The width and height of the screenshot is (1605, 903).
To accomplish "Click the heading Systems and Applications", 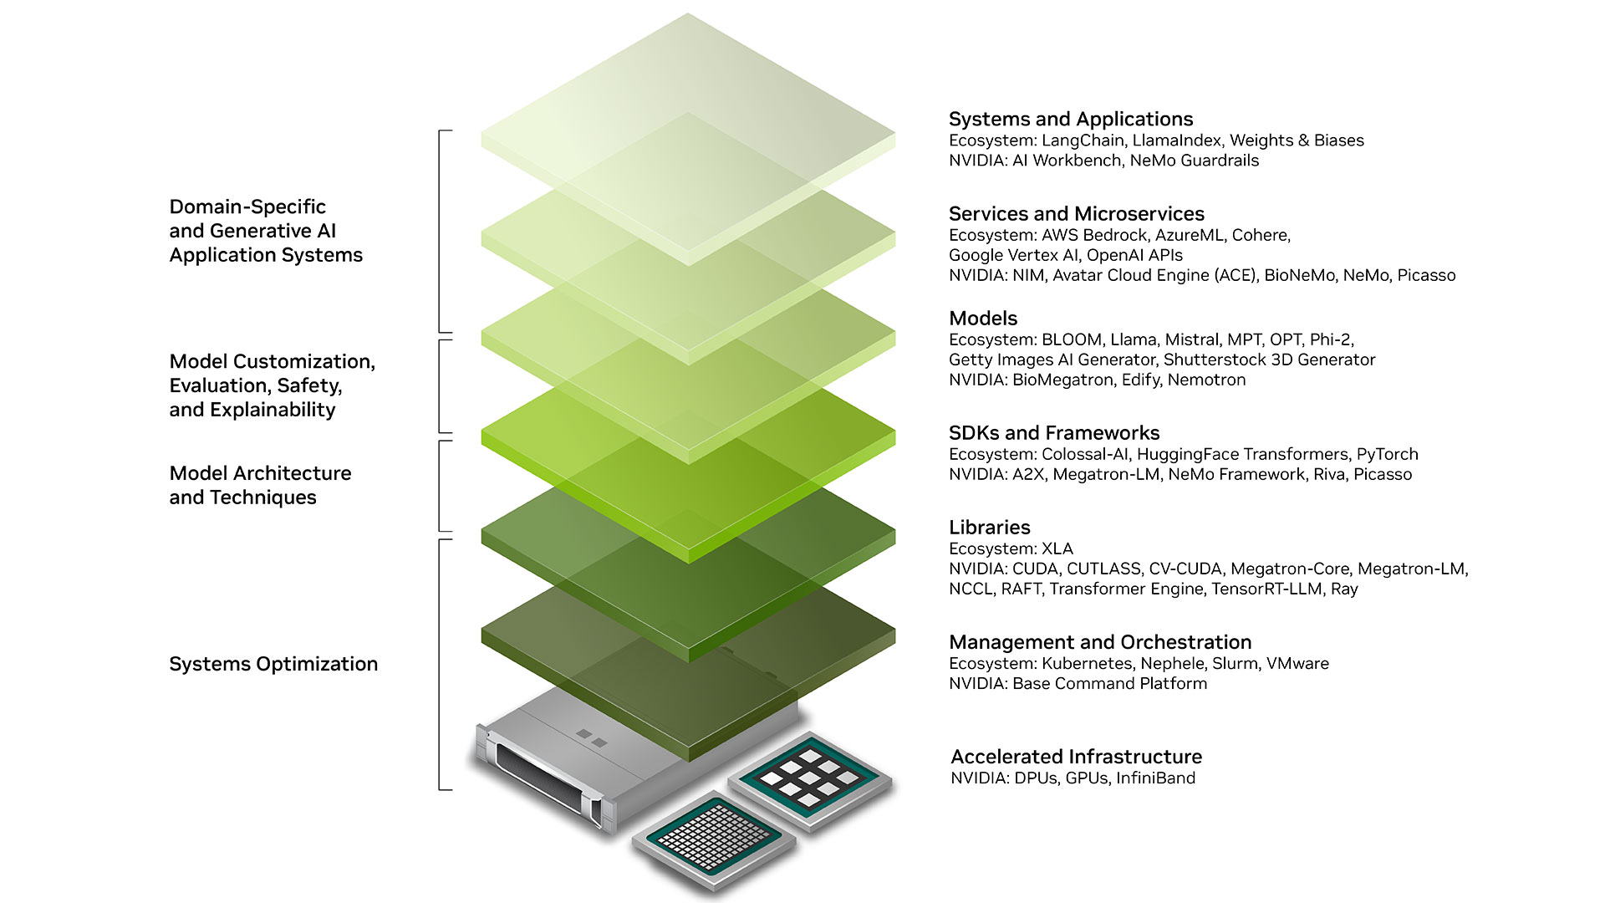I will point(1070,119).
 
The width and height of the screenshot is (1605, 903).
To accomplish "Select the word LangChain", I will point(1083,140).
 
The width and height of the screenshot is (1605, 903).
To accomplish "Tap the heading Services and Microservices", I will point(1076,214).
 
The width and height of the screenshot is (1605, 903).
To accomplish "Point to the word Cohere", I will point(1260,235).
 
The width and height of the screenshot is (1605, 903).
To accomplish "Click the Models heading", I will point(983,319).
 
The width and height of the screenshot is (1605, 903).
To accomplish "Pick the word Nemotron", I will point(1206,380).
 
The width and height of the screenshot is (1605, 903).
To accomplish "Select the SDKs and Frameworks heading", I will point(1053,433).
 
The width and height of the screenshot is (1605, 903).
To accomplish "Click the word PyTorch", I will point(1387,454).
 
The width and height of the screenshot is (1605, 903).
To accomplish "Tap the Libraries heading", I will point(989,528).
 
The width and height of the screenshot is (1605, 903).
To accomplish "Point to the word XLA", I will point(1057,548).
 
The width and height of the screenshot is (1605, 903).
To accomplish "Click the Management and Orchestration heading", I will point(1099,642).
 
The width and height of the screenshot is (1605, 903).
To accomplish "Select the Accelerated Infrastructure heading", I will point(1076,757).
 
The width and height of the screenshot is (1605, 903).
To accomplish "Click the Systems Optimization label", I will point(273,664).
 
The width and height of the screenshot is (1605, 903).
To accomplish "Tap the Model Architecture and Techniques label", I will point(260,485).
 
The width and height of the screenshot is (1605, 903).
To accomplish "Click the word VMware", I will point(1297,663).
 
